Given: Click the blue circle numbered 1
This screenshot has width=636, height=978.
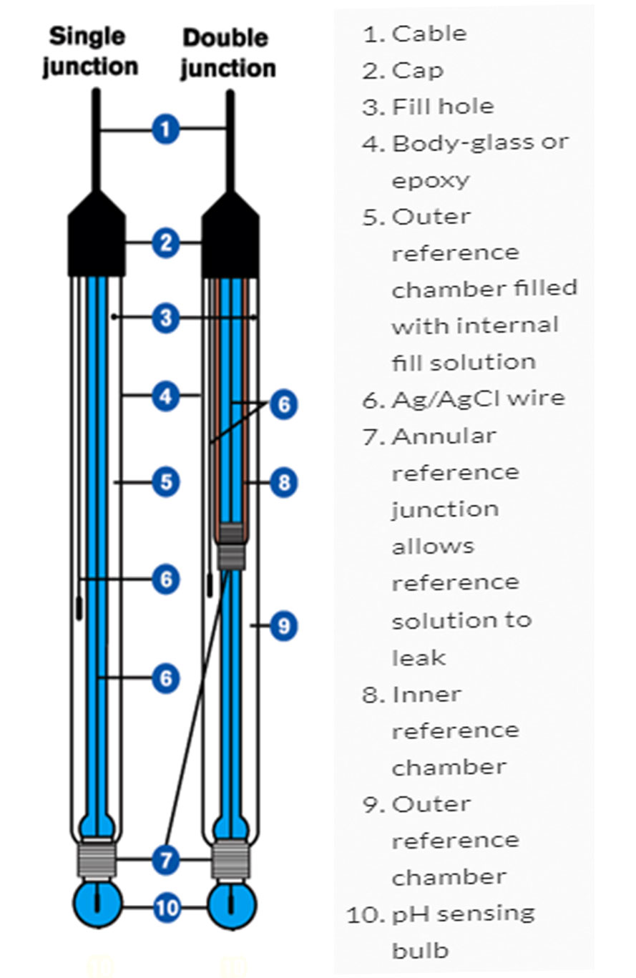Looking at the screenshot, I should tap(165, 129).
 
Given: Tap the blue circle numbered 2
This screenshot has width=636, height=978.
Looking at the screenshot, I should tap(165, 243).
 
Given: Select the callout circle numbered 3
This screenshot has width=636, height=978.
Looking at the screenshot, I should tap(165, 316).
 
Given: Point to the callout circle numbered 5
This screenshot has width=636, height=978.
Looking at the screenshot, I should tap(165, 481).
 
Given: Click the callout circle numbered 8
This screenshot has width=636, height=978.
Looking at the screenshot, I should tap(283, 481).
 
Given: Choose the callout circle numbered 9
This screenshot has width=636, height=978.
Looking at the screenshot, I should tap(283, 626).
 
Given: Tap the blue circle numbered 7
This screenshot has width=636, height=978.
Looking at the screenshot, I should tap(165, 859).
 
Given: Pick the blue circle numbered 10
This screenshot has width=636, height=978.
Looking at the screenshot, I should tap(165, 907).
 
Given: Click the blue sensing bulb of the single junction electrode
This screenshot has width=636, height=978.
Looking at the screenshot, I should tap(97, 905).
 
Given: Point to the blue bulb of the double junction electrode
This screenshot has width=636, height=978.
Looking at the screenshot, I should tap(230, 905).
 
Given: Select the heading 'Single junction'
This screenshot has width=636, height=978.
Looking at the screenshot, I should tap(90, 52).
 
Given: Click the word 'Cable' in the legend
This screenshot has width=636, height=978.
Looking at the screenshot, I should tap(429, 34).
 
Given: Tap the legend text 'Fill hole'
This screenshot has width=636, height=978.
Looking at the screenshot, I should tap(442, 107).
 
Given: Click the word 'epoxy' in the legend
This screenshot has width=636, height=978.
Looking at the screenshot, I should tap(430, 180).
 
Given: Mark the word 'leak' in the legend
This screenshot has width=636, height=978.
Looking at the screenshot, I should tap(419, 657).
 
